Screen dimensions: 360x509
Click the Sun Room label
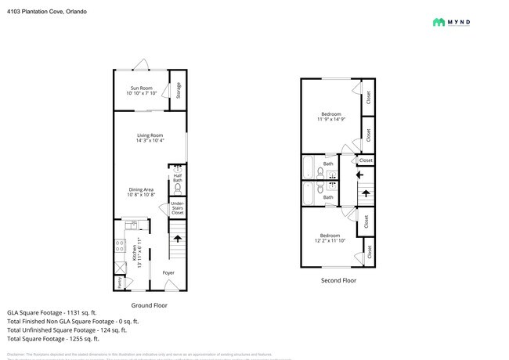click(142, 88)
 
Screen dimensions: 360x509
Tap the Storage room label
click(179, 90)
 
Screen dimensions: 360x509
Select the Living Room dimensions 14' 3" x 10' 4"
click(150, 141)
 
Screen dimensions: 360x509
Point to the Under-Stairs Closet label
click(178, 208)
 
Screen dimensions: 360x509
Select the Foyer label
click(168, 273)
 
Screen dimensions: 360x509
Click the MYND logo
click(462, 22)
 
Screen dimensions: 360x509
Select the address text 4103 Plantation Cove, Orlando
click(47, 12)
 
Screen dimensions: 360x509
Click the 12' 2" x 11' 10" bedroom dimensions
click(330, 240)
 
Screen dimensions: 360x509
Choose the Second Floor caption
click(338, 280)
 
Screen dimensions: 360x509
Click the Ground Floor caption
click(148, 305)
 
